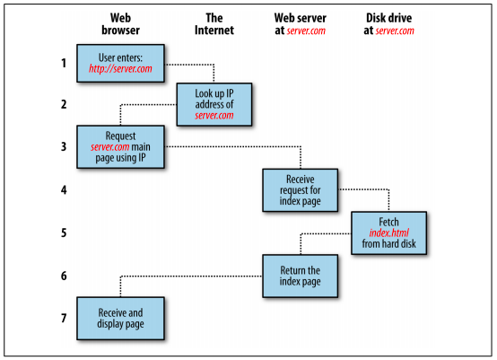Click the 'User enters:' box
[120, 64]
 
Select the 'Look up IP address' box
[214, 105]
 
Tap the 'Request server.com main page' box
[120, 147]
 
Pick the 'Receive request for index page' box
[301, 190]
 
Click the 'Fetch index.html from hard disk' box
[389, 233]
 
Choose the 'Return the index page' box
[301, 276]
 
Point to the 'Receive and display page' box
[120, 319]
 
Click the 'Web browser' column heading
[120, 24]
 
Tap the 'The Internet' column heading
[214, 24]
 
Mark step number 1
[64, 63]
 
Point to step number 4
[64, 190]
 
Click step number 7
[64, 318]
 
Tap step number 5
[64, 233]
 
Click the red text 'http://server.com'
[120, 69]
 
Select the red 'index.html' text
[389, 233]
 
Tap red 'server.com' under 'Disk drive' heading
[395, 31]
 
